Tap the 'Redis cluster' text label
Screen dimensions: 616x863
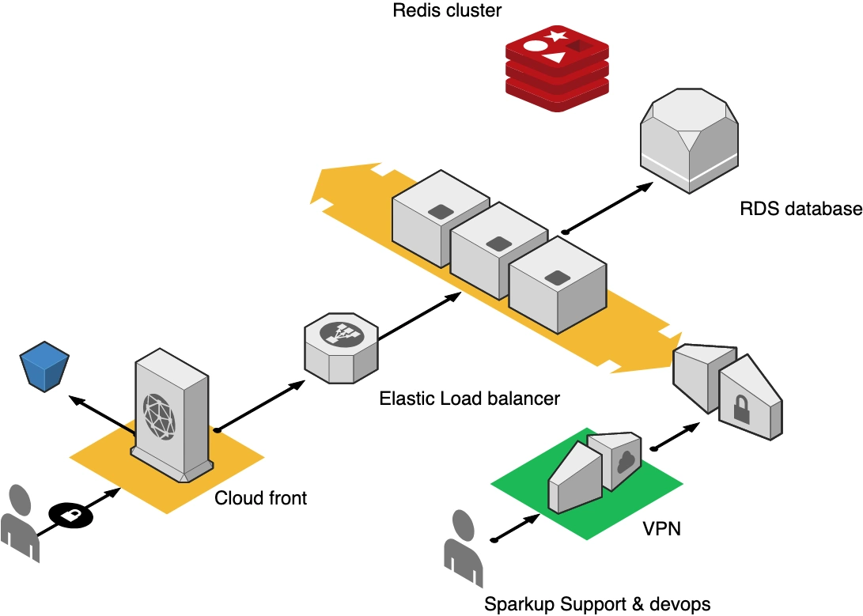tap(447, 11)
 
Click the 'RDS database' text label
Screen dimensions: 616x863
tap(800, 210)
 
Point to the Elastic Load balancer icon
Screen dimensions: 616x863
tap(342, 346)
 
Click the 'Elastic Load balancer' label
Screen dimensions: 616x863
tap(469, 398)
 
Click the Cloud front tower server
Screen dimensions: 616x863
tap(172, 416)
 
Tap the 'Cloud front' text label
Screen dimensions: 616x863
tap(260, 498)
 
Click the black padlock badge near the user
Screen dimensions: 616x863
tap(70, 515)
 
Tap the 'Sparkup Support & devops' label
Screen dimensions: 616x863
tap(596, 604)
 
